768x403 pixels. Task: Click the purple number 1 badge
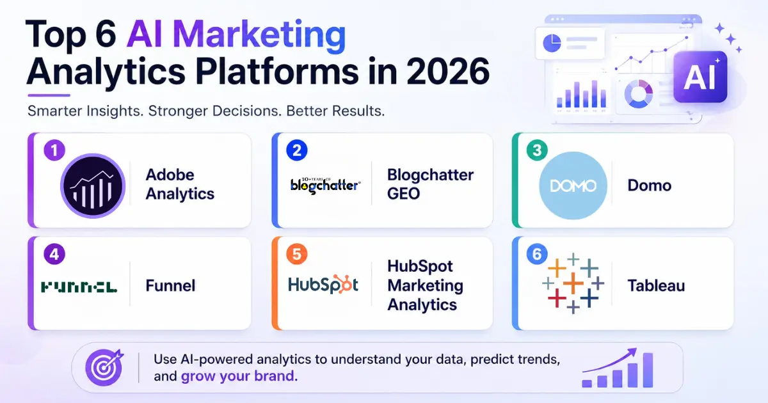tap(54, 150)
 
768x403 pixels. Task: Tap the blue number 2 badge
tap(297, 150)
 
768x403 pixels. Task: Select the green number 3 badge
tap(537, 150)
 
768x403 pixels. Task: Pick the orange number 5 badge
tap(297, 255)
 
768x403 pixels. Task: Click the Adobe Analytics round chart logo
tap(93, 186)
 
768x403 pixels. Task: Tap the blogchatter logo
tap(325, 186)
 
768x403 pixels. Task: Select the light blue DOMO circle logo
tap(573, 186)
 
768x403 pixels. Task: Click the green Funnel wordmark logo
tap(79, 287)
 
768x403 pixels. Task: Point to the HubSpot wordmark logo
tap(323, 285)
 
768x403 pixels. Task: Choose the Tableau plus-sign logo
tap(573, 283)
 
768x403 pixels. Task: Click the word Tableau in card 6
tap(656, 285)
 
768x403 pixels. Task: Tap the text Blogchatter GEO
tap(430, 184)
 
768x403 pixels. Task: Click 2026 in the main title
tap(448, 71)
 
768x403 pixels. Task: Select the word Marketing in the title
tap(259, 35)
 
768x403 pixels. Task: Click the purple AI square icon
tap(700, 77)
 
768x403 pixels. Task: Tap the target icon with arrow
tap(104, 367)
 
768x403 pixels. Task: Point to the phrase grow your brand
tap(237, 376)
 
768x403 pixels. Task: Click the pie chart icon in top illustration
tap(552, 43)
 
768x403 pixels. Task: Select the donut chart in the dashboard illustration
tap(639, 94)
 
